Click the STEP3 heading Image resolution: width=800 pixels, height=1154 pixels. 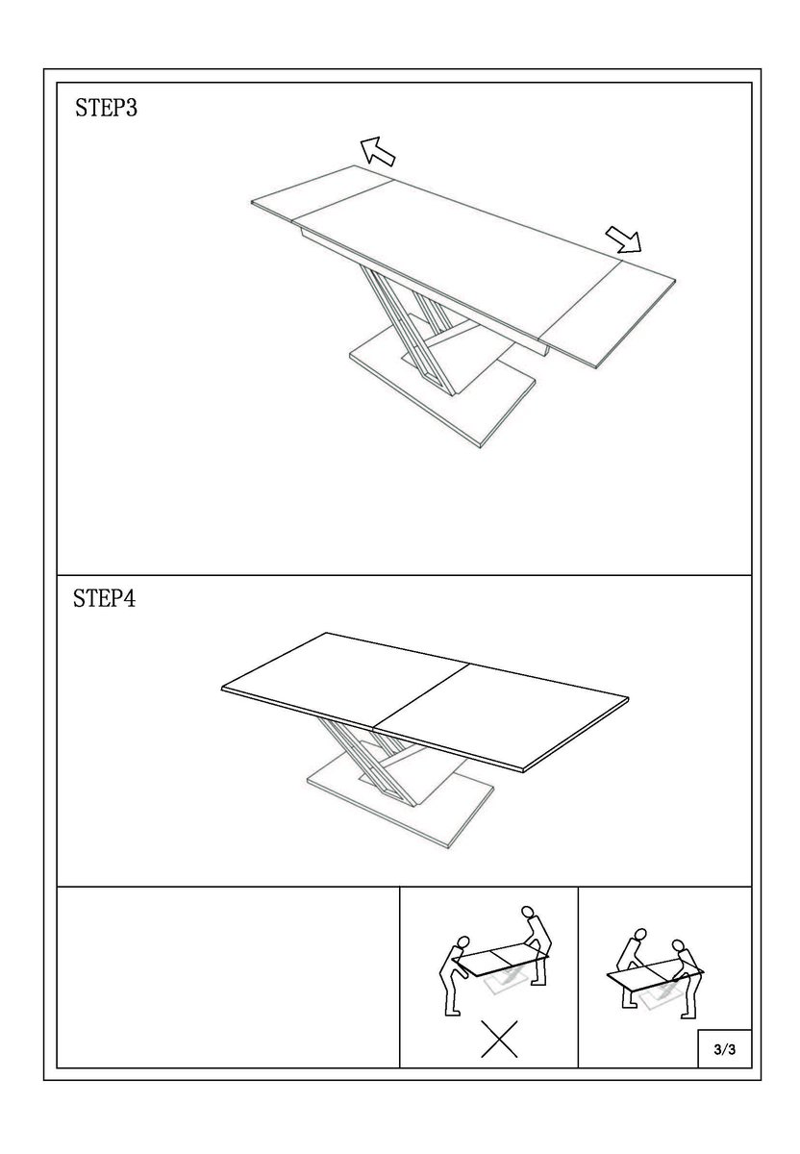106,108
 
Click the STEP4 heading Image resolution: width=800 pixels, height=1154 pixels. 104,598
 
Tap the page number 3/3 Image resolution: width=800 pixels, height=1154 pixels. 725,1049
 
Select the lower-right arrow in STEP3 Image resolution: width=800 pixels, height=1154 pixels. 624,239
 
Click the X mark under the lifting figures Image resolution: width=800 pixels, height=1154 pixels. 499,1040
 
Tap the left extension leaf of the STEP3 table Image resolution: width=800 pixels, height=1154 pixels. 322,192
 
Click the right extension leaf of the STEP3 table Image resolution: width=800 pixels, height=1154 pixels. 611,314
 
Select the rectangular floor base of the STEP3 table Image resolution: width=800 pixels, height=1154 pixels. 443,394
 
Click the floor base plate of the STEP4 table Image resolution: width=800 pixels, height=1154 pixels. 400,805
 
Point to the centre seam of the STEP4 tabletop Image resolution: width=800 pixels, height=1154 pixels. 420,695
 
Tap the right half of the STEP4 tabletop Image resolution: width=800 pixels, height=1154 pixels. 500,717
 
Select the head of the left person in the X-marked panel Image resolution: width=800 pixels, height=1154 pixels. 462,941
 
